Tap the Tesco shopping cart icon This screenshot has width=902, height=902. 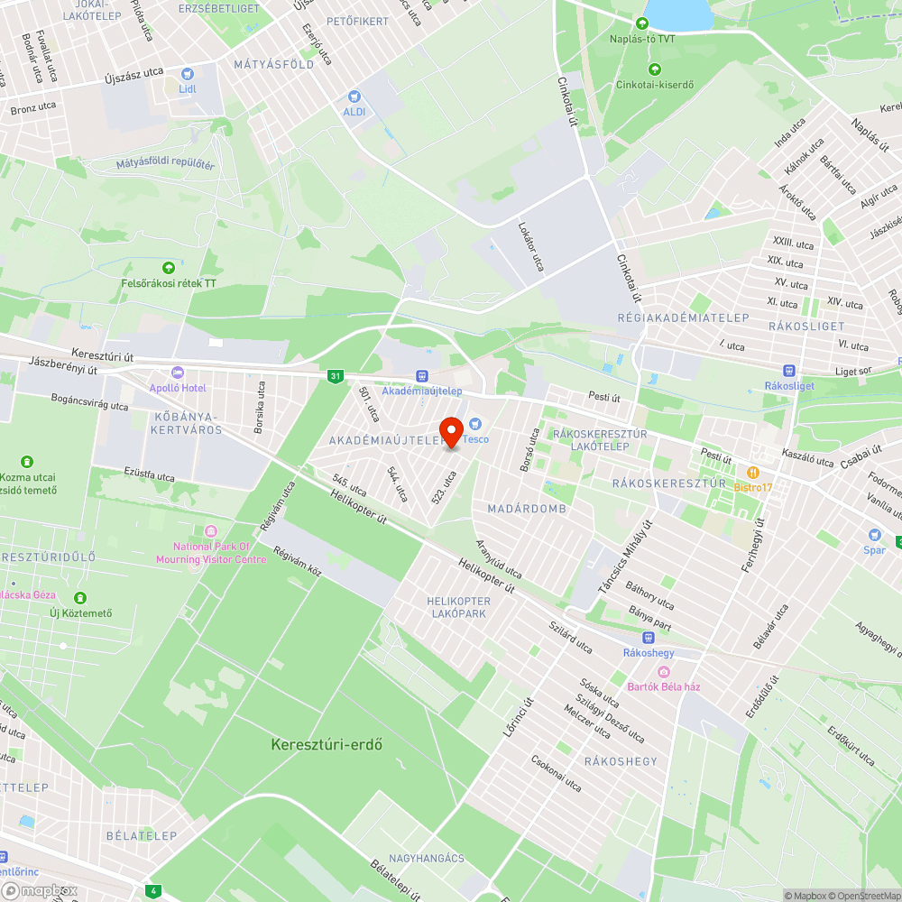point(475,424)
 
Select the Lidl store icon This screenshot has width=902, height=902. point(187,75)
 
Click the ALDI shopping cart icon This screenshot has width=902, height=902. point(354,96)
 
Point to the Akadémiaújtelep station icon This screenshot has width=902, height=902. point(421,376)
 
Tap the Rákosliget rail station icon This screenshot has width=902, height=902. point(788,370)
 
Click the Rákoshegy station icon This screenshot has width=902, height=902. point(649,637)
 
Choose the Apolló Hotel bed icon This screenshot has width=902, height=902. point(178,373)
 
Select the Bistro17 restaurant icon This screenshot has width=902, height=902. point(753,472)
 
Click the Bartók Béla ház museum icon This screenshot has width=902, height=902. point(665,671)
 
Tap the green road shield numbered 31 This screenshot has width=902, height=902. point(336,375)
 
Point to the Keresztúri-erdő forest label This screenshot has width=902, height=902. point(327,745)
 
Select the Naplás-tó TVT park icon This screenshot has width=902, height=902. point(641,23)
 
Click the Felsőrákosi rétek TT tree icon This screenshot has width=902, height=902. point(169,267)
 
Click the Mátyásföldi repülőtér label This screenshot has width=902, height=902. point(165,165)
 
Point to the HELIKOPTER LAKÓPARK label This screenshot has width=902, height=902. point(458,607)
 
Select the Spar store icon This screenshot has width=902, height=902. point(873,535)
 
